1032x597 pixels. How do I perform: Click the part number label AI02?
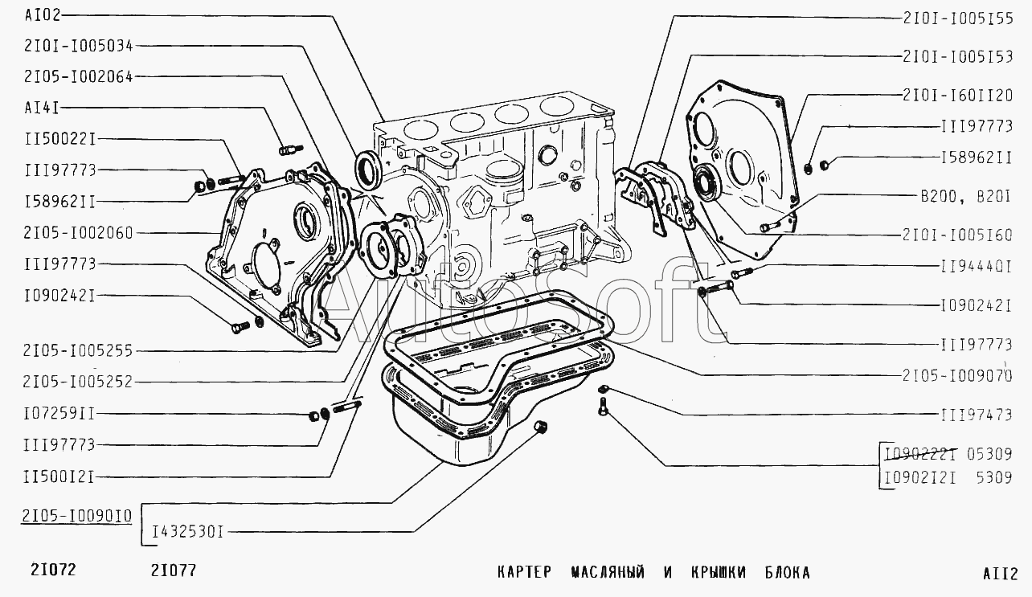43,15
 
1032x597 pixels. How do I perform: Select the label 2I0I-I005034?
79,46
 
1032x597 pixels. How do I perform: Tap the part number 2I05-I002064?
79,76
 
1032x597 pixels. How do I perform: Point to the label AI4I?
43,108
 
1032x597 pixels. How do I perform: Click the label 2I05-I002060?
78,233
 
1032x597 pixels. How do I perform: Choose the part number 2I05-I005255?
78,351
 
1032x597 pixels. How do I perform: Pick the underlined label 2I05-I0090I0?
77,516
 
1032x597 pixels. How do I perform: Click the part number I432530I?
188,533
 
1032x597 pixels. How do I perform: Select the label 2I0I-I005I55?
958,18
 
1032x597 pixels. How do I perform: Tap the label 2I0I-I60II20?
958,96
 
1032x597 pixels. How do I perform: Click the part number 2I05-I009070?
957,376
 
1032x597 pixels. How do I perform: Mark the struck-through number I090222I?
920,455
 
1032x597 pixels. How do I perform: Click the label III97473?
977,415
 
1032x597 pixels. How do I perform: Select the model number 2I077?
174,570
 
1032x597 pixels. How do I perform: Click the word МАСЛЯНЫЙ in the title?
608,573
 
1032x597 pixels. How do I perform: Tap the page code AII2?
1000,574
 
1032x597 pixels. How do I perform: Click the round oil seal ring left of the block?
367,169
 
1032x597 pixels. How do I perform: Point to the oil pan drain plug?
539,427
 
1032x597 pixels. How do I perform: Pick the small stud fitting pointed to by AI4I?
291,149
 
